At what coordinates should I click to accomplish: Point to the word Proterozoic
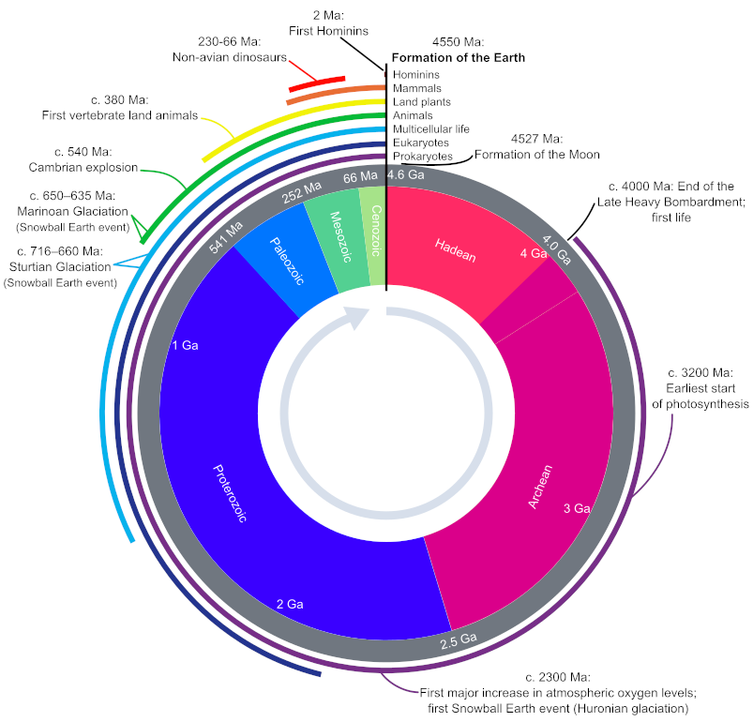[229, 493]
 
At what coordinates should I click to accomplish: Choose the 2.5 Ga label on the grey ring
[459, 641]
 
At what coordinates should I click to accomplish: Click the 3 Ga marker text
[575, 508]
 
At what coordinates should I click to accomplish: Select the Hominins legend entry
[416, 75]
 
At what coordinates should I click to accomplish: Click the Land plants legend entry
[422, 101]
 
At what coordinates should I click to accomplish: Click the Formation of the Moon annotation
[537, 154]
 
